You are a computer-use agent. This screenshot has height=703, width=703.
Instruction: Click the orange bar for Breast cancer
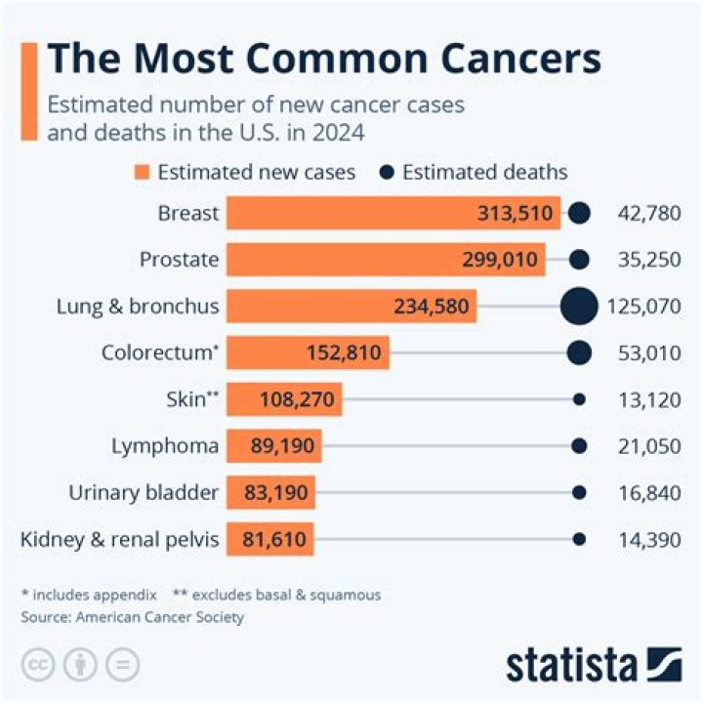coord(391,213)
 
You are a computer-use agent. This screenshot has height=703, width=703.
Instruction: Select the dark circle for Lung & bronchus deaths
coord(579,307)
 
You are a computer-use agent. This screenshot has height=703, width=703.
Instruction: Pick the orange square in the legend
coord(142,173)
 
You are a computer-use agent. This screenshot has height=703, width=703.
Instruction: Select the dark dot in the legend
coord(387,173)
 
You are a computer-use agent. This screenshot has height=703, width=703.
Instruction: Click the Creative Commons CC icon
coord(37,664)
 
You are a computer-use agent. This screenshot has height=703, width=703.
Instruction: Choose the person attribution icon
coord(79,664)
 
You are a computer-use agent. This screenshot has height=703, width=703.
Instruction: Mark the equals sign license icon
coord(122,664)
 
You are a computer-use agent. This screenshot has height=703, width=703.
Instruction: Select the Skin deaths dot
coord(579,399)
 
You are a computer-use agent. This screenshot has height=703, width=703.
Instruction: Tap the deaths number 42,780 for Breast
coord(648,213)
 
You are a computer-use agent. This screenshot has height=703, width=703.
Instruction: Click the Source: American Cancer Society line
coord(133,617)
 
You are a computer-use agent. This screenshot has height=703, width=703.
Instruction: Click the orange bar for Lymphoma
coord(273,446)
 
